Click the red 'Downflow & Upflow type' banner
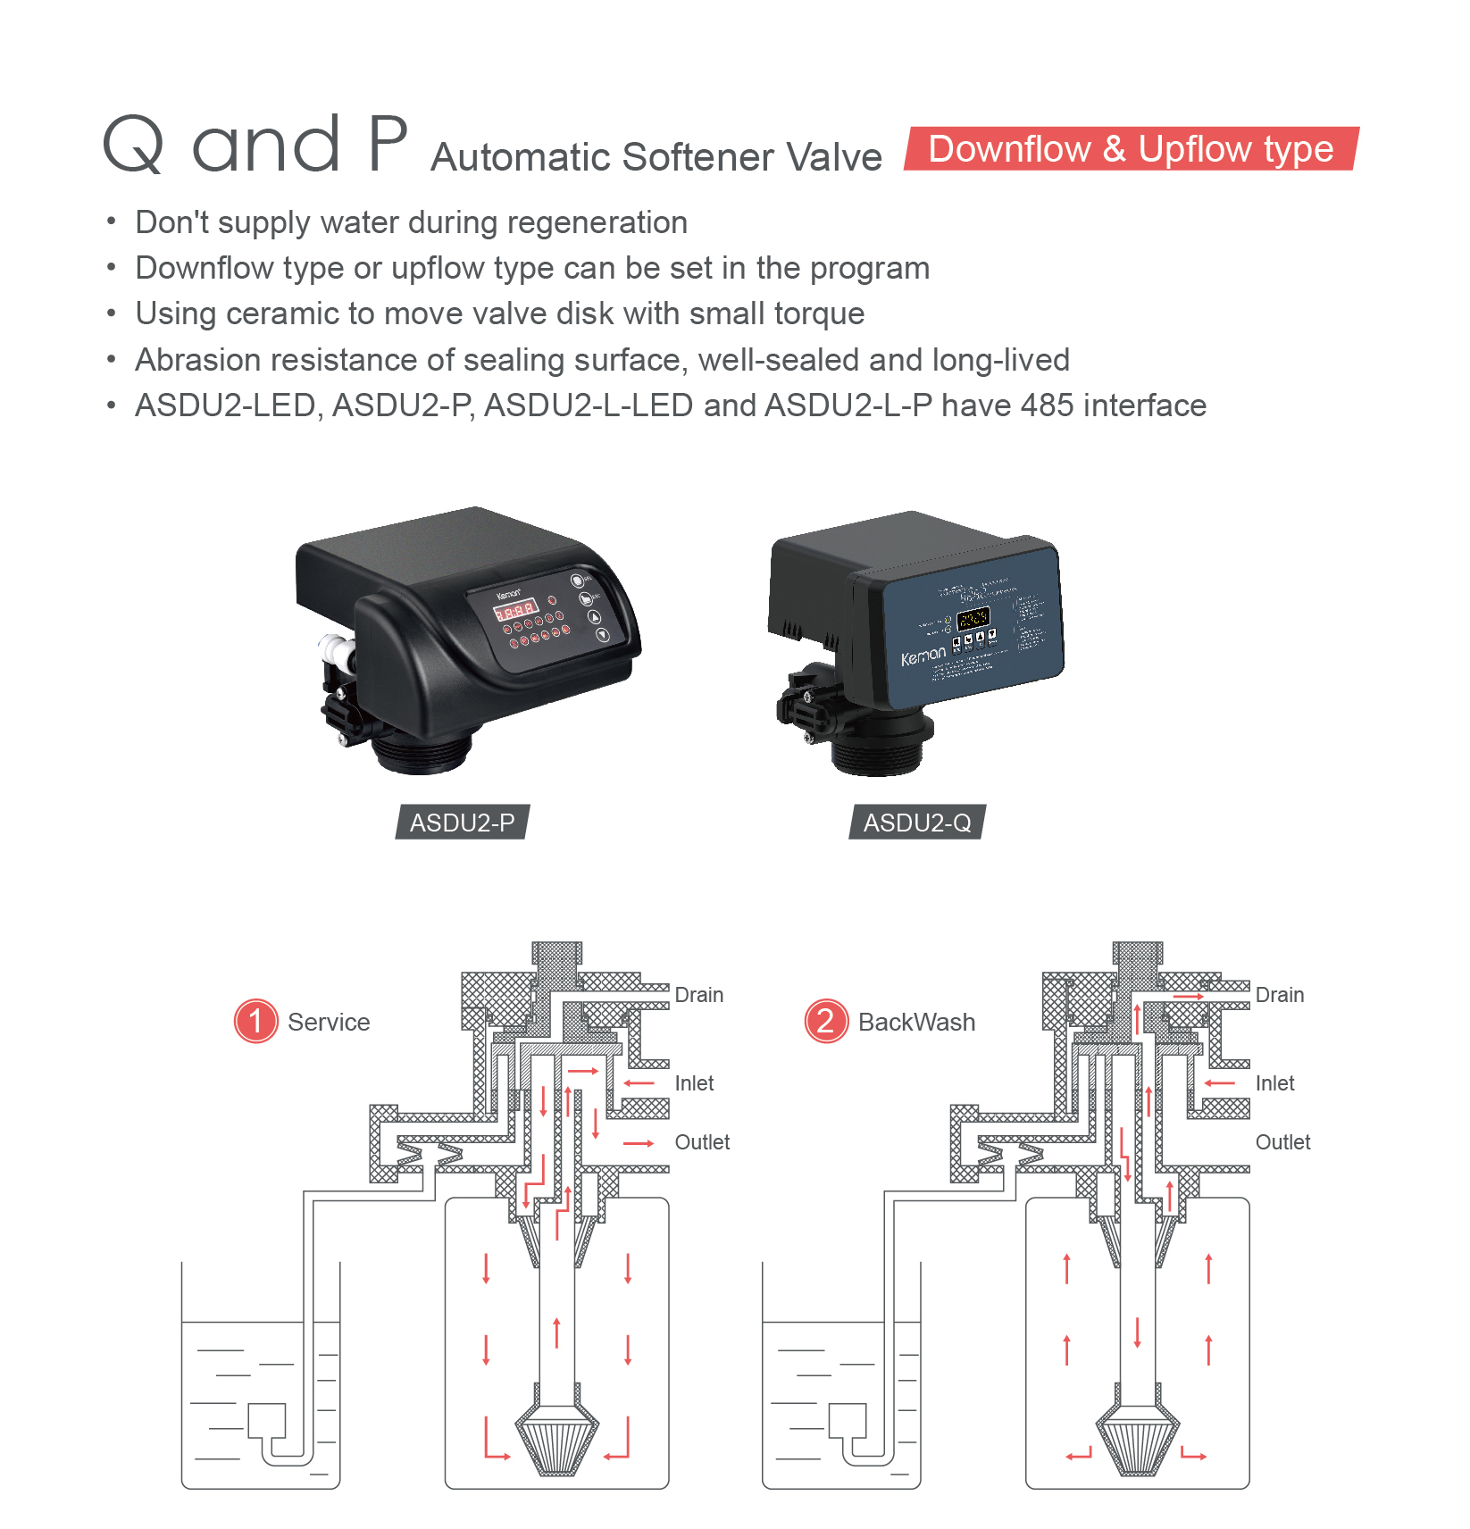[1131, 149]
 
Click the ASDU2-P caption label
[462, 823]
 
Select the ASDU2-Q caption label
[917, 823]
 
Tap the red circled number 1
[255, 1021]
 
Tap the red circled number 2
[826, 1021]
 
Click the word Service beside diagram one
[329, 1022]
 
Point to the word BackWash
[916, 1022]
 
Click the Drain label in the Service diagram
[698, 995]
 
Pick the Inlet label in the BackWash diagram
[1274, 1083]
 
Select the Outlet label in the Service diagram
[702, 1142]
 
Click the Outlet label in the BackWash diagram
[1282, 1142]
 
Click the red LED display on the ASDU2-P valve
[515, 612]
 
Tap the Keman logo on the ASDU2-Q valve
[923, 656]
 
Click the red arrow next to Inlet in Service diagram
[639, 1083]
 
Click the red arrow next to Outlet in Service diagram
[639, 1143]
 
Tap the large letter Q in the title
[134, 145]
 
